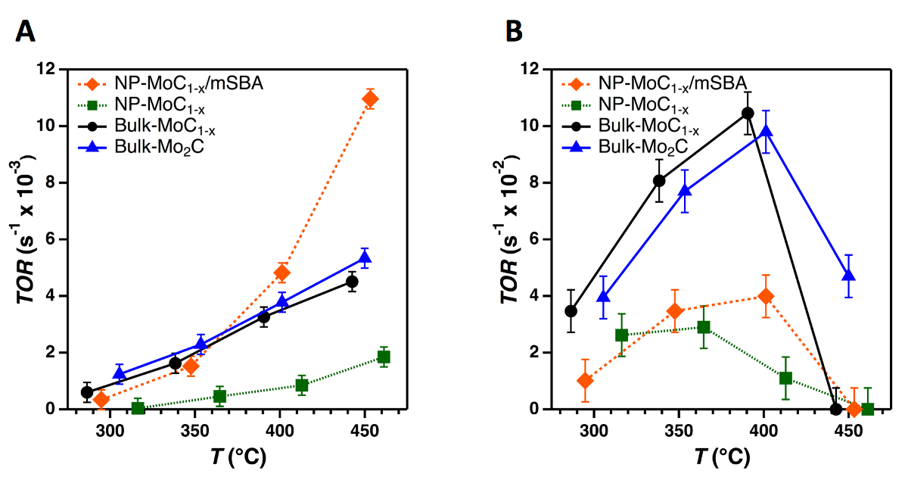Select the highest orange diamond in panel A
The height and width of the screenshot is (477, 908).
(x=370, y=99)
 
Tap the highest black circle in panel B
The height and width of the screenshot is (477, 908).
(x=748, y=114)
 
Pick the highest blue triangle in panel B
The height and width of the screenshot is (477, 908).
(x=767, y=132)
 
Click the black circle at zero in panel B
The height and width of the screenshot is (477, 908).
(x=836, y=409)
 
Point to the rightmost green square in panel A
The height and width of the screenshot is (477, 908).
(x=384, y=357)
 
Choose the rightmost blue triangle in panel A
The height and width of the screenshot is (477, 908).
(x=365, y=258)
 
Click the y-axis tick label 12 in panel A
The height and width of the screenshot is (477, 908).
(x=53, y=69)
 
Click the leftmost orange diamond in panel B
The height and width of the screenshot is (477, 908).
(x=584, y=381)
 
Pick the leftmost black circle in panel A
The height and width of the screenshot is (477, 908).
(x=87, y=392)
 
